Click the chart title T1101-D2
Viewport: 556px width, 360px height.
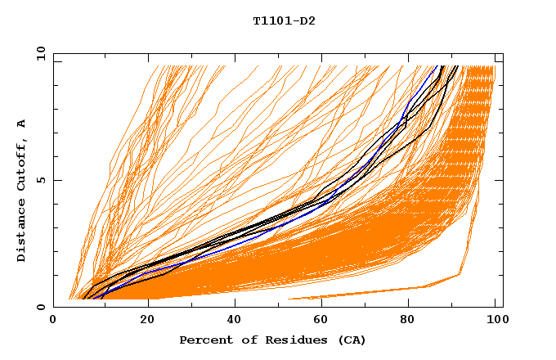[x=284, y=21]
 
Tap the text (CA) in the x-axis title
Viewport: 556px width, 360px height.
[x=352, y=340]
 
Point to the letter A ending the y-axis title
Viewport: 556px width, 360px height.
[x=21, y=123]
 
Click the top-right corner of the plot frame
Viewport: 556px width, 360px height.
[x=502, y=53]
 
